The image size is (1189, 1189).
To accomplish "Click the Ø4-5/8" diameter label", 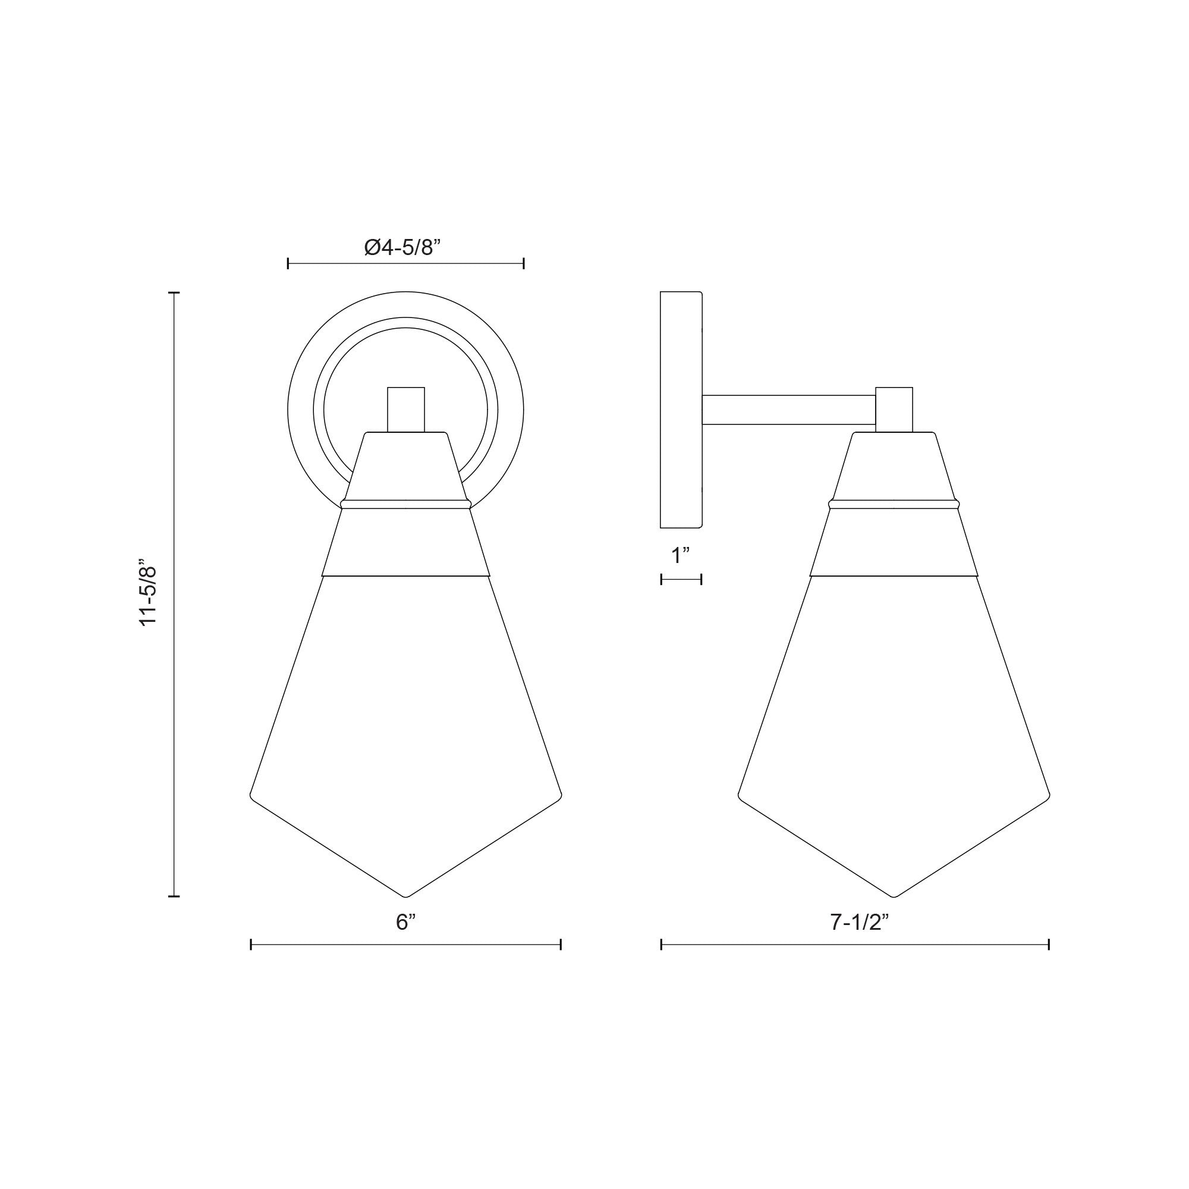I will [x=403, y=248].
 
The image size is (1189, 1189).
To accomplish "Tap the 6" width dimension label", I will [x=405, y=922].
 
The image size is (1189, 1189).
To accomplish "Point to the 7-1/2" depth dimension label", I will [x=859, y=922].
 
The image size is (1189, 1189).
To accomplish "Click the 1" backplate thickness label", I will [x=681, y=556].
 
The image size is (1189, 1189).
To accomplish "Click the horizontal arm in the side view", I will [x=789, y=410].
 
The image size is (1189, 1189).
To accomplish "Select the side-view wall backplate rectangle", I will [x=681, y=410].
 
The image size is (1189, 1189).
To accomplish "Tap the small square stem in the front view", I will [x=405, y=409].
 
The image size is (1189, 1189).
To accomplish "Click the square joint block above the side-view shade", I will [x=894, y=409].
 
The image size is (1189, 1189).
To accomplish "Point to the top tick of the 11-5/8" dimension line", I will [x=174, y=293].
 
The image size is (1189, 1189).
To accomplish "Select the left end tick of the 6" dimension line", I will [x=251, y=944].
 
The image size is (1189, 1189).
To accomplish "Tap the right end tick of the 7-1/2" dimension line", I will [x=1049, y=944].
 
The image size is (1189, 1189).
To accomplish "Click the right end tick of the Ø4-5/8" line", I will [x=524, y=264].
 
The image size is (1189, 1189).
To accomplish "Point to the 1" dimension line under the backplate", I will [x=681, y=579].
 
